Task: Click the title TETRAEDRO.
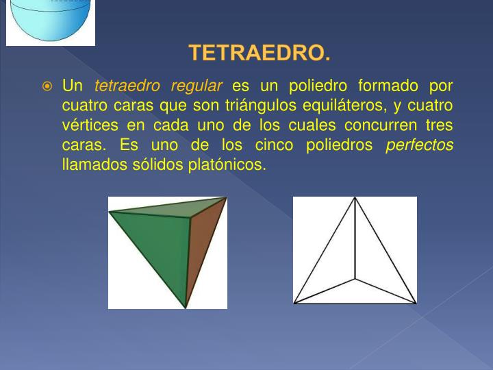tap(259, 53)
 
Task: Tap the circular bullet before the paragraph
tap(47, 87)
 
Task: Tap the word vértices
tap(88, 126)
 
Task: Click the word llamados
tap(90, 165)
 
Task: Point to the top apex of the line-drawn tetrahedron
tap(355, 198)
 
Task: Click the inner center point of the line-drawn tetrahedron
tap(355, 279)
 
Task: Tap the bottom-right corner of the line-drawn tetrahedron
tap(415, 302)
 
